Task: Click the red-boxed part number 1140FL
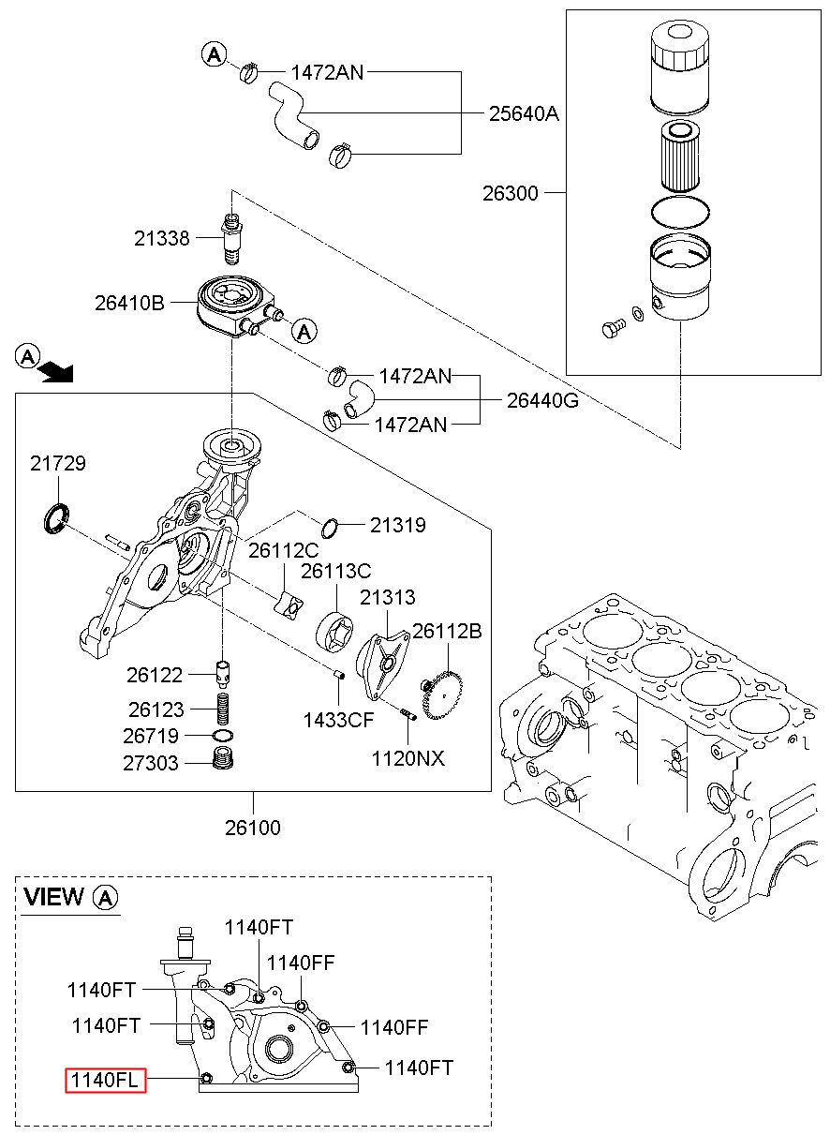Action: coord(105,1080)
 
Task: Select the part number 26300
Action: coord(510,193)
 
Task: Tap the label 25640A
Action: coord(524,113)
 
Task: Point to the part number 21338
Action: coord(161,238)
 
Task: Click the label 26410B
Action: coord(129,303)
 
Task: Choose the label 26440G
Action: coord(542,401)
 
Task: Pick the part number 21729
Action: coord(58,463)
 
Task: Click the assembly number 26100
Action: coord(253,828)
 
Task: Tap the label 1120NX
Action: coord(408,758)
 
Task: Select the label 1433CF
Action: coord(338,720)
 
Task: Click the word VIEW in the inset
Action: coord(53,896)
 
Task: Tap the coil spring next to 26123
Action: coord(223,708)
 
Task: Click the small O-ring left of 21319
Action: coord(330,528)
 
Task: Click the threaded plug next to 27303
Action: coord(222,758)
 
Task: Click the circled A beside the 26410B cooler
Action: coord(304,332)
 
